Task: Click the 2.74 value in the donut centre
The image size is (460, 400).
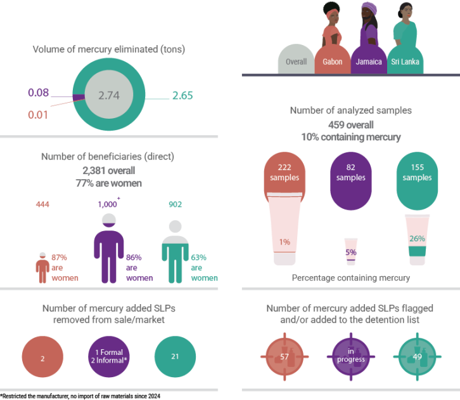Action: click(x=109, y=95)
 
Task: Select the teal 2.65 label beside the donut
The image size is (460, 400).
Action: click(x=182, y=95)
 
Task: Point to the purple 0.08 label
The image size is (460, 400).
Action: click(x=39, y=93)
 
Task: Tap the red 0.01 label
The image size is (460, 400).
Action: click(x=38, y=115)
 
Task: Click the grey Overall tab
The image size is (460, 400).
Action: click(x=296, y=60)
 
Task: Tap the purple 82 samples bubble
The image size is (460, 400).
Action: click(x=351, y=181)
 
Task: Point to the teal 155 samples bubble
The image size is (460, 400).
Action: click(x=417, y=181)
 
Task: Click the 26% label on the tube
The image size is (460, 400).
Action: click(x=417, y=238)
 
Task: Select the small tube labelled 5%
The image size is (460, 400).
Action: click(x=351, y=251)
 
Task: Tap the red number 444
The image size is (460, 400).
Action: click(x=42, y=204)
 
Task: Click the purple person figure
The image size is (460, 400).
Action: click(x=109, y=248)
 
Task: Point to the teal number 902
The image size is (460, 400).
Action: click(x=175, y=204)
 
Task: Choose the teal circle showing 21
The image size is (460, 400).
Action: click(x=175, y=357)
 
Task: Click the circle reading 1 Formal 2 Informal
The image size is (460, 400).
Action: click(x=109, y=357)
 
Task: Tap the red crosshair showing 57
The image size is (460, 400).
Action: click(x=284, y=357)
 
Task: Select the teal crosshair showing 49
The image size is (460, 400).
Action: click(x=417, y=357)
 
